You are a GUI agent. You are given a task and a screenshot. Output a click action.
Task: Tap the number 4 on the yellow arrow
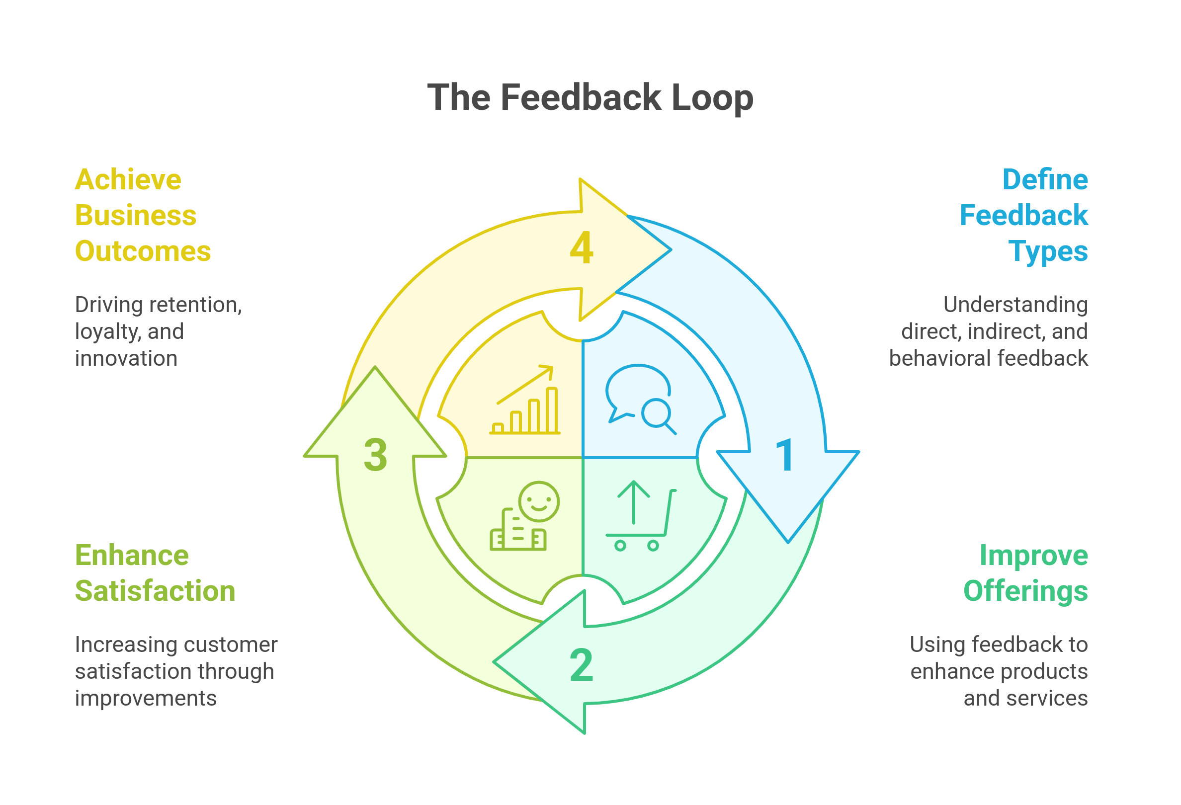582,248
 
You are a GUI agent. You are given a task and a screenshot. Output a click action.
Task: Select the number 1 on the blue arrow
785,455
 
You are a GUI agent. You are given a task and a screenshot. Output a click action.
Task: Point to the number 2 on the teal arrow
582,665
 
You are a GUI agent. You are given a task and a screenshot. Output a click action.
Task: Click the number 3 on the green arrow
376,455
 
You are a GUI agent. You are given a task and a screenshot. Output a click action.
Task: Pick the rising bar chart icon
525,401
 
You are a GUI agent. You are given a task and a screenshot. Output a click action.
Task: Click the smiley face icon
539,502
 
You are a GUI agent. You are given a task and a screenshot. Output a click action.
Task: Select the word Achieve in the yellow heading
128,180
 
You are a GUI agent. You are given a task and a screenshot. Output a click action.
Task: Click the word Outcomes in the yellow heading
143,251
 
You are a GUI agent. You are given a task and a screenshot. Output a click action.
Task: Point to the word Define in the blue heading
1045,180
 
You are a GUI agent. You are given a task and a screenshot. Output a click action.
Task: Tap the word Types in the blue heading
1048,252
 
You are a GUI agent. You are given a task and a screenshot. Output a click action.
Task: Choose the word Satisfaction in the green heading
155,591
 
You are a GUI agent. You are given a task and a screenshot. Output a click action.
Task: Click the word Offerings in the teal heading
1025,591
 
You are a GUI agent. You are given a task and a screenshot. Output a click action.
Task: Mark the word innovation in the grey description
126,359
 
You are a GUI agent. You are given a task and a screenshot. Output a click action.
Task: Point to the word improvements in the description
145,698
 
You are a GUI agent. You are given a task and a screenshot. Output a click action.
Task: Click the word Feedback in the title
582,97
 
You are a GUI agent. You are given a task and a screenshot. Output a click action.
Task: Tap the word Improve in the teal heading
1034,556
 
